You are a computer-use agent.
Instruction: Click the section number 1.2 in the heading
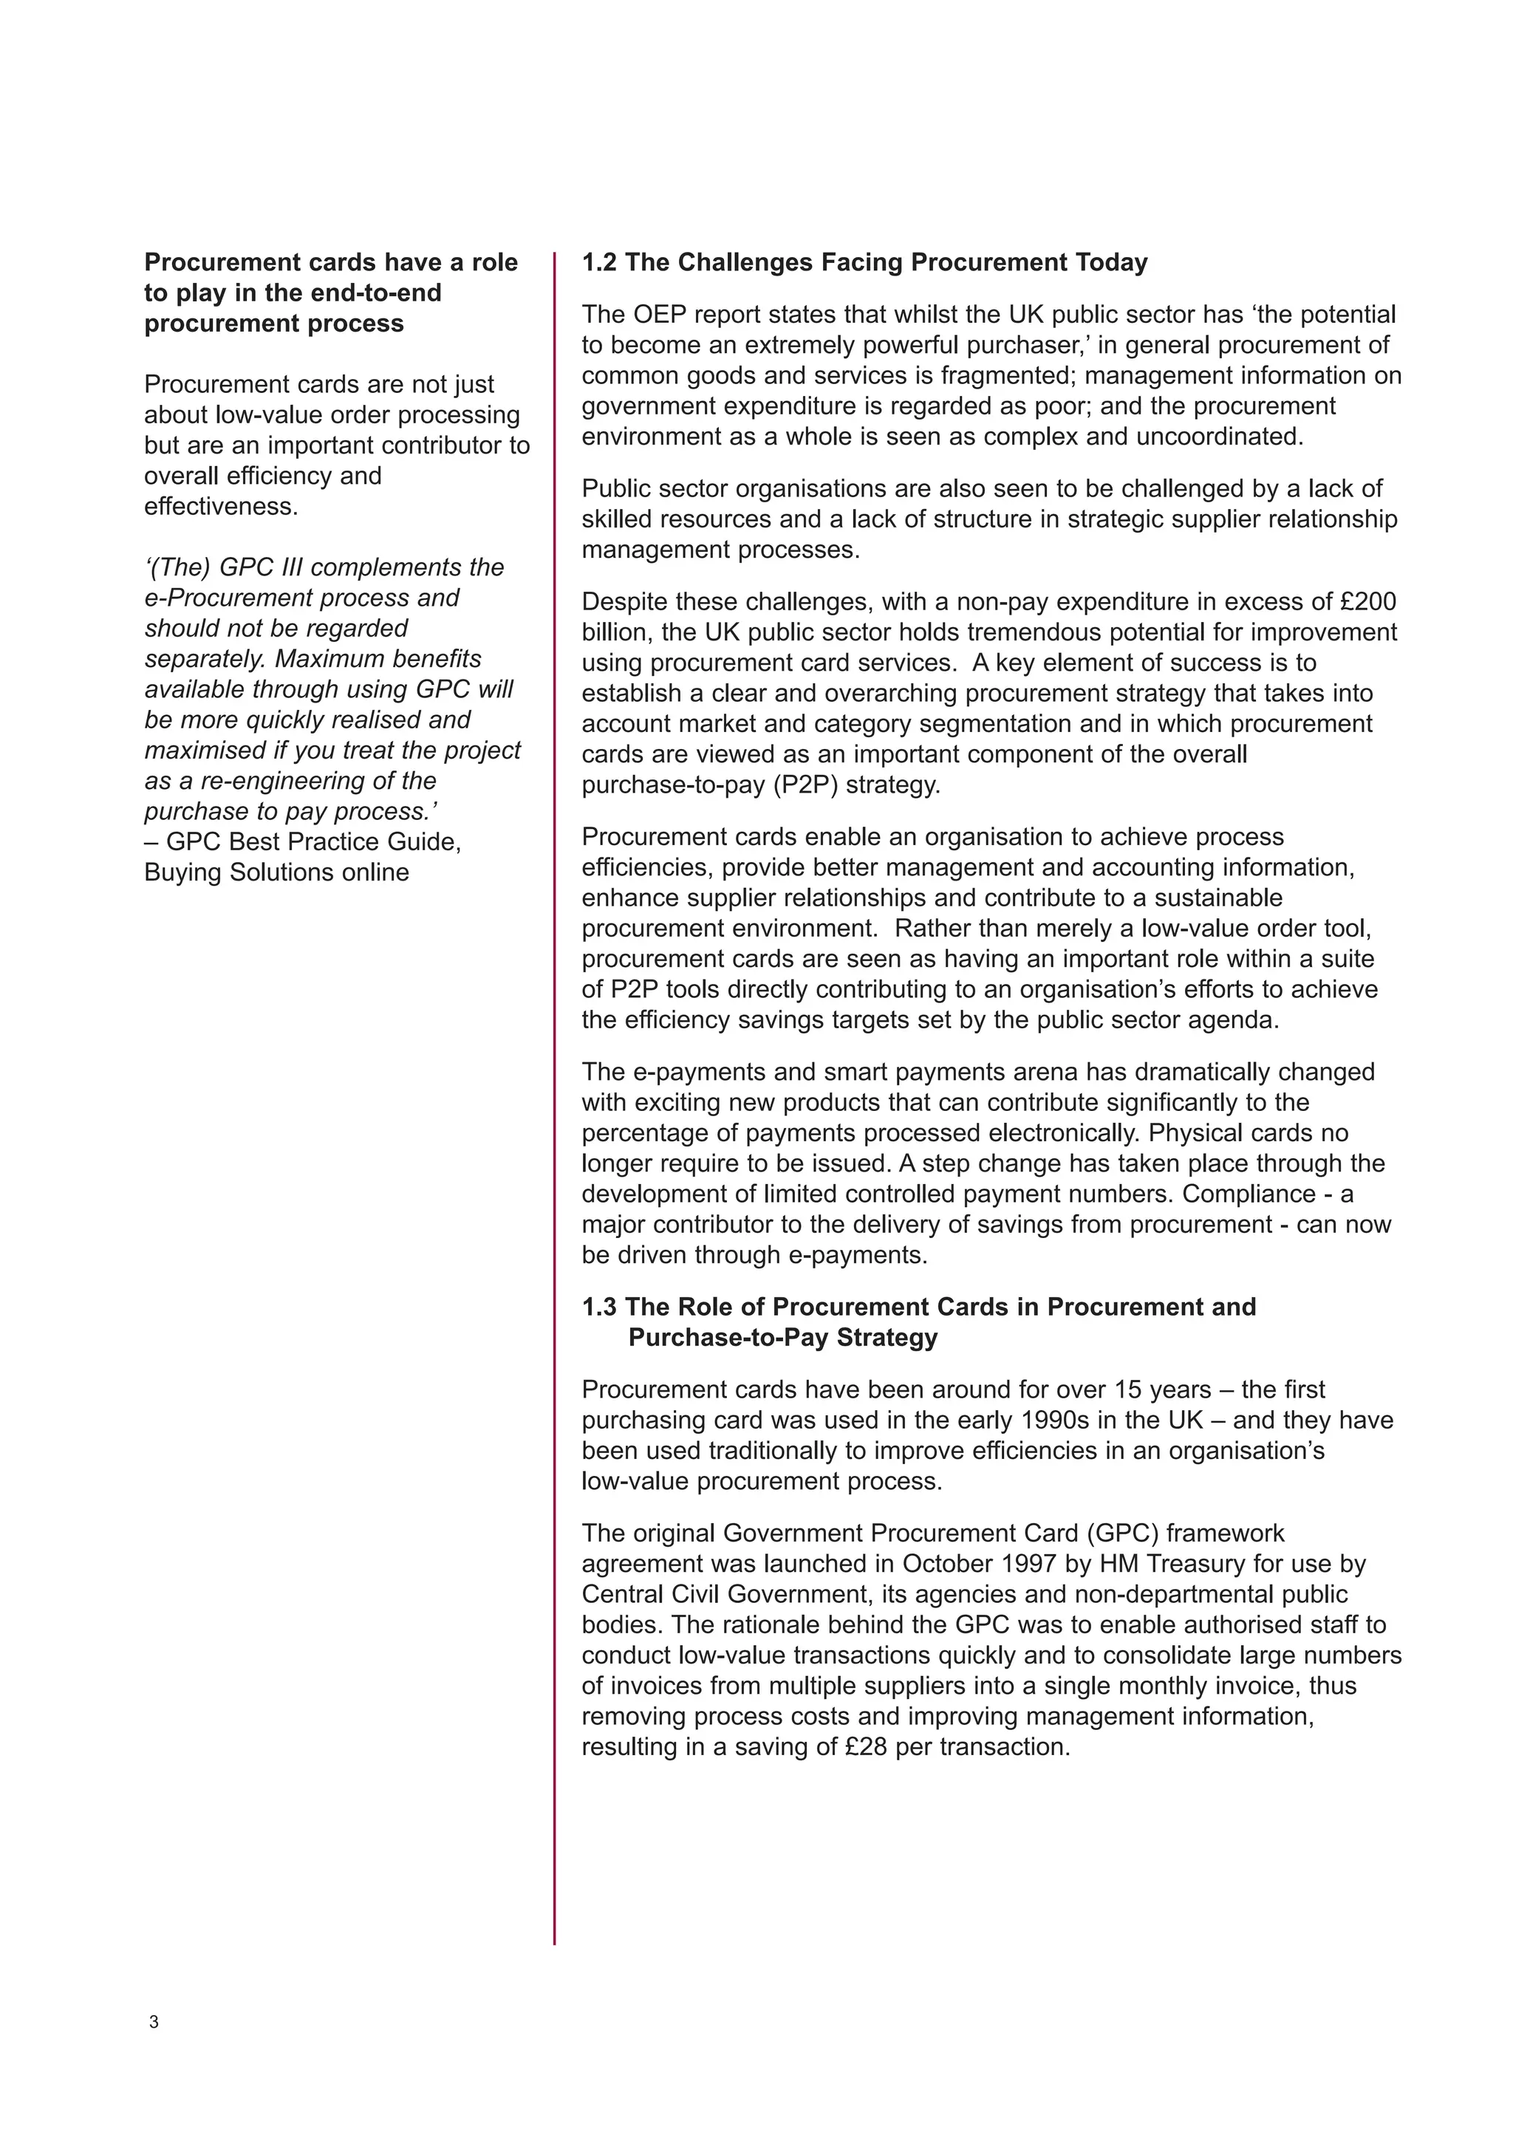(599, 263)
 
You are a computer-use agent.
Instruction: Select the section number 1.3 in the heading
(599, 1307)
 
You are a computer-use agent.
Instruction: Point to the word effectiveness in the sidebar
(220, 506)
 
